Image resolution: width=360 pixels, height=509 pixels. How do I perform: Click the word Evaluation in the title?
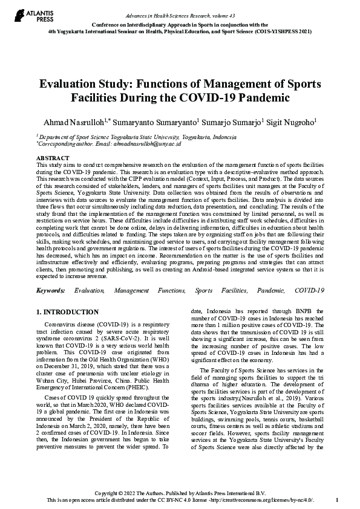click(x=77, y=84)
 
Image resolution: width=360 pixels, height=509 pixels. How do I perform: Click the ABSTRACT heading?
click(x=53, y=158)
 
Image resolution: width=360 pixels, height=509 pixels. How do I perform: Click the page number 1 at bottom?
click(x=336, y=501)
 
